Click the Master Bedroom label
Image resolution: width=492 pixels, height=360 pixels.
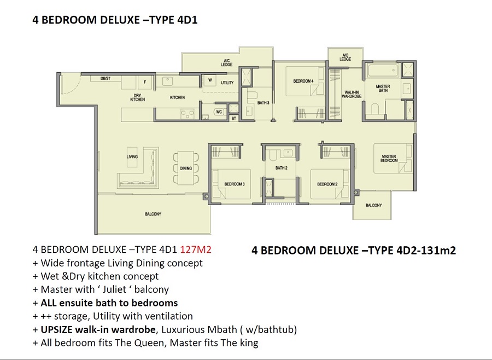pyautogui.click(x=389, y=158)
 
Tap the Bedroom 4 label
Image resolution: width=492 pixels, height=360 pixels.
pyautogui.click(x=303, y=81)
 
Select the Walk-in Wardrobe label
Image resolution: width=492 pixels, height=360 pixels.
pyautogui.click(x=352, y=94)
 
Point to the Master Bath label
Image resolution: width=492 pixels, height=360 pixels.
pyautogui.click(x=383, y=88)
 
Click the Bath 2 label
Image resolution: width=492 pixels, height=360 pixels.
pyautogui.click(x=281, y=168)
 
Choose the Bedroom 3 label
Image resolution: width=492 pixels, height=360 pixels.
pyautogui.click(x=235, y=184)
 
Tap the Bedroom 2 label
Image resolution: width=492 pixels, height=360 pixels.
pyautogui.click(x=327, y=184)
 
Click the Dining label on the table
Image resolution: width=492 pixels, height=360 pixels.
pyautogui.click(x=186, y=169)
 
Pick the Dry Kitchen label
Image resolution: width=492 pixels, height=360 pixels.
pyautogui.click(x=137, y=97)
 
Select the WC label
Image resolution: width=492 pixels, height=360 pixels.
pyautogui.click(x=219, y=112)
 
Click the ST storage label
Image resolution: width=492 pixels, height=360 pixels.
pyautogui.click(x=234, y=118)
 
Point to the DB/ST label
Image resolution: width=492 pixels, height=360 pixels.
pyautogui.click(x=106, y=78)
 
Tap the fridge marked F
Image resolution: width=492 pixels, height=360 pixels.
pyautogui.click(x=145, y=83)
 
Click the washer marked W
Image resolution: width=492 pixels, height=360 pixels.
pyautogui.click(x=210, y=80)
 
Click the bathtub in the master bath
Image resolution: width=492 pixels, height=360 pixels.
pyautogui.click(x=383, y=70)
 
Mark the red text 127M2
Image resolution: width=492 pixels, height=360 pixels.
pyautogui.click(x=196, y=249)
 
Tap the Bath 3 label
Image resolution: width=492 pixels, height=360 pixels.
pyautogui.click(x=263, y=103)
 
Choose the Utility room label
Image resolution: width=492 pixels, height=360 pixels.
pyautogui.click(x=227, y=83)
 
